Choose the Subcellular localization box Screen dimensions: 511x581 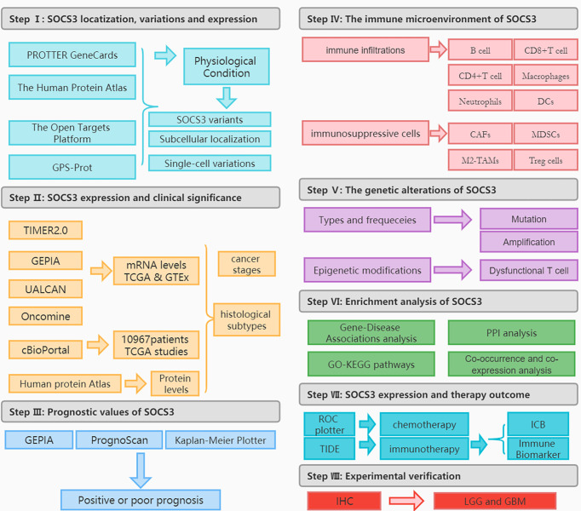210,139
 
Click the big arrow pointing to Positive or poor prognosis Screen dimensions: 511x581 140,469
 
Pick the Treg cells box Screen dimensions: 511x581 545,159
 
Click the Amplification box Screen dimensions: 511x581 528,242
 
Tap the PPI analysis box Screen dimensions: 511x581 512,332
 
